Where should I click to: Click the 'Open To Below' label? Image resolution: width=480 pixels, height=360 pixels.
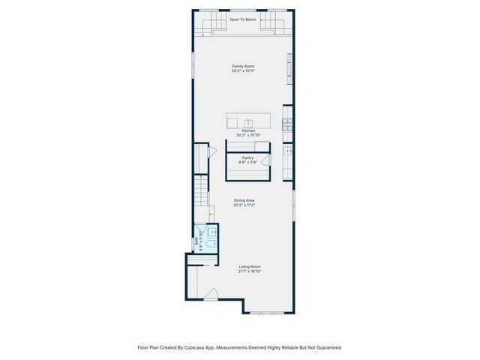point(242,19)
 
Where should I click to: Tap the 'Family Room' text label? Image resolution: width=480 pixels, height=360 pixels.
point(242,67)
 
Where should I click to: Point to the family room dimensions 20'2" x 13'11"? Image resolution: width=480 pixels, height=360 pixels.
point(242,71)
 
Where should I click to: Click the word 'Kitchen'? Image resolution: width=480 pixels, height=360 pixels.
point(248,130)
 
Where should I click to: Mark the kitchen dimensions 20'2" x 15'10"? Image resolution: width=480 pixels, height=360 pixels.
point(248,136)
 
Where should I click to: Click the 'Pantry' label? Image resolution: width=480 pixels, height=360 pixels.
point(247,157)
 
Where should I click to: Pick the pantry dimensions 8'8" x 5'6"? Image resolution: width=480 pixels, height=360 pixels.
point(247,162)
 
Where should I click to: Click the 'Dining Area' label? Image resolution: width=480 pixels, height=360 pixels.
point(244,200)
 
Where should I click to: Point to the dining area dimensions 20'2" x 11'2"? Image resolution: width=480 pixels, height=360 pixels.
point(244,205)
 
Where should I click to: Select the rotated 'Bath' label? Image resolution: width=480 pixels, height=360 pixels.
point(197,243)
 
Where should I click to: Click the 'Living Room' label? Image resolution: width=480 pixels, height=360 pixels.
point(250,266)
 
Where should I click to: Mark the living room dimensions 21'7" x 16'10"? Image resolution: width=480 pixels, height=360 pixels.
point(250,271)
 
